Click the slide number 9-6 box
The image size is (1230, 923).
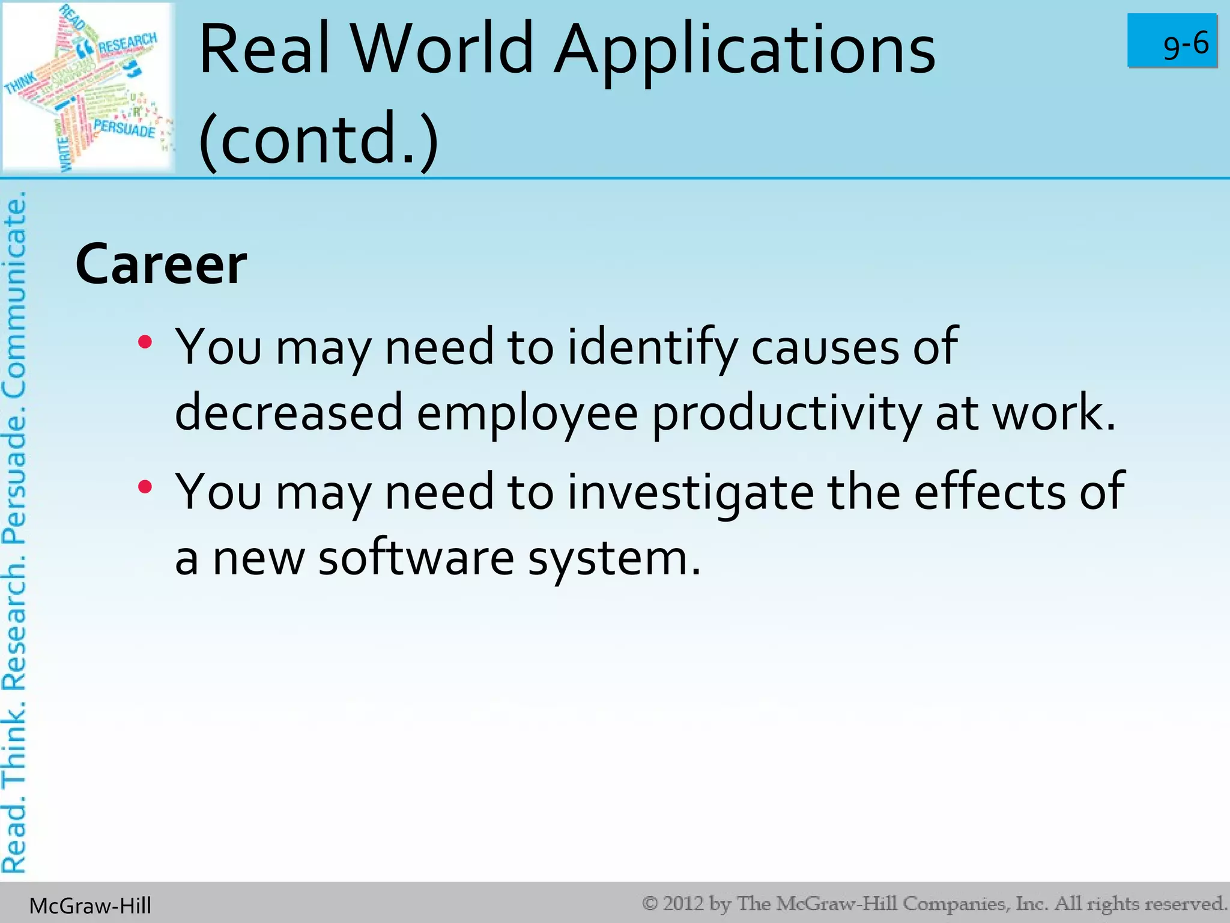pos(1172,41)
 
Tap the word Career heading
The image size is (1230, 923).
pos(161,265)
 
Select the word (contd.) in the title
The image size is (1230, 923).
pos(318,139)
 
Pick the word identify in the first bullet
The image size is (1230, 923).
pos(652,347)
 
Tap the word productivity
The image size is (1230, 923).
pos(786,413)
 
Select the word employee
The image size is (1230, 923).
pos(527,413)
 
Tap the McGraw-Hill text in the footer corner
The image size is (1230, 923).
pos(90,906)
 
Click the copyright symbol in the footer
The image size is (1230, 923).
pos(650,903)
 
